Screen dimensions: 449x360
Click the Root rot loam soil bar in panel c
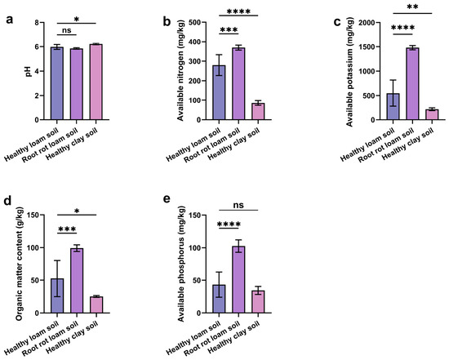(412, 83)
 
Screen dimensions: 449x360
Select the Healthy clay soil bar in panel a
(96, 82)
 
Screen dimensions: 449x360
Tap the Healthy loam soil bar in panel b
(219, 92)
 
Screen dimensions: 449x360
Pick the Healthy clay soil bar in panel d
(96, 304)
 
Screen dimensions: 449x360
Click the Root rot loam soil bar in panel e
(238, 279)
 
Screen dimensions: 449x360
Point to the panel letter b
(167, 21)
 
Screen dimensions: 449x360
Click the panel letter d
(7, 201)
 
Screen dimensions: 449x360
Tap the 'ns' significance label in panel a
(67, 30)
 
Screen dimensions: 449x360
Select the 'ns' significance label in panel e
(238, 205)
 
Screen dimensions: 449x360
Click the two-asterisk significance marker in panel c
(412, 7)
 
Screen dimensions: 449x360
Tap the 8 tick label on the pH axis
(37, 22)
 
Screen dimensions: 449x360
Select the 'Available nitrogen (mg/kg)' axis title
(180, 70)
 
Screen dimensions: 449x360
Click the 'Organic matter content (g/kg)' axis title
(19, 263)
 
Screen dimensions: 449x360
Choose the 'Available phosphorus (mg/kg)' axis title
(180, 264)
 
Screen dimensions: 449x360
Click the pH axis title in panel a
(29, 71)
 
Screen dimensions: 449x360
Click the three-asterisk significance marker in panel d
(67, 229)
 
